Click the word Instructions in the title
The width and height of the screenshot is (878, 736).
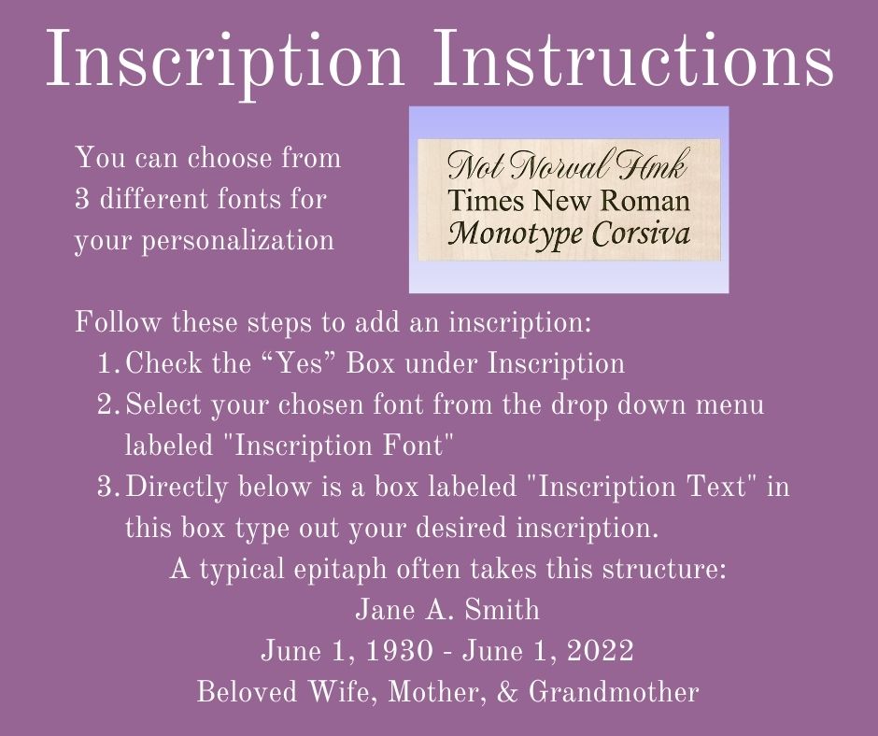tap(632, 58)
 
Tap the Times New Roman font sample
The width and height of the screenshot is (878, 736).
tap(568, 200)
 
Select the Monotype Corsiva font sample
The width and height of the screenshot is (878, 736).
tap(569, 234)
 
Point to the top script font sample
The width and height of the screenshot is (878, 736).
tap(568, 165)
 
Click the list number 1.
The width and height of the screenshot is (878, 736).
tap(107, 363)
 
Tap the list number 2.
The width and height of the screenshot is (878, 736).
tap(107, 404)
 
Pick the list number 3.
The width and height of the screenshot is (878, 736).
tap(107, 487)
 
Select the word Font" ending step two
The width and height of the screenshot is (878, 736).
tap(418, 446)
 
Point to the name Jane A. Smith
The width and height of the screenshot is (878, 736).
tap(448, 609)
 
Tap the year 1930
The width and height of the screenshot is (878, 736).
tap(399, 650)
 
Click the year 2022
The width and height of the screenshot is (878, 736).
tap(600, 650)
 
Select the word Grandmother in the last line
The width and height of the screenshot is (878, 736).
tap(614, 691)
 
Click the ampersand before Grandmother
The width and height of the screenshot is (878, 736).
tap(507, 692)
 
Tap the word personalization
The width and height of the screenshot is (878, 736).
tap(237, 241)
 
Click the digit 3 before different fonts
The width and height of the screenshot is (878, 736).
tap(82, 199)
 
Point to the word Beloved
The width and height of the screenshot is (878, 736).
tap(247, 691)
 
